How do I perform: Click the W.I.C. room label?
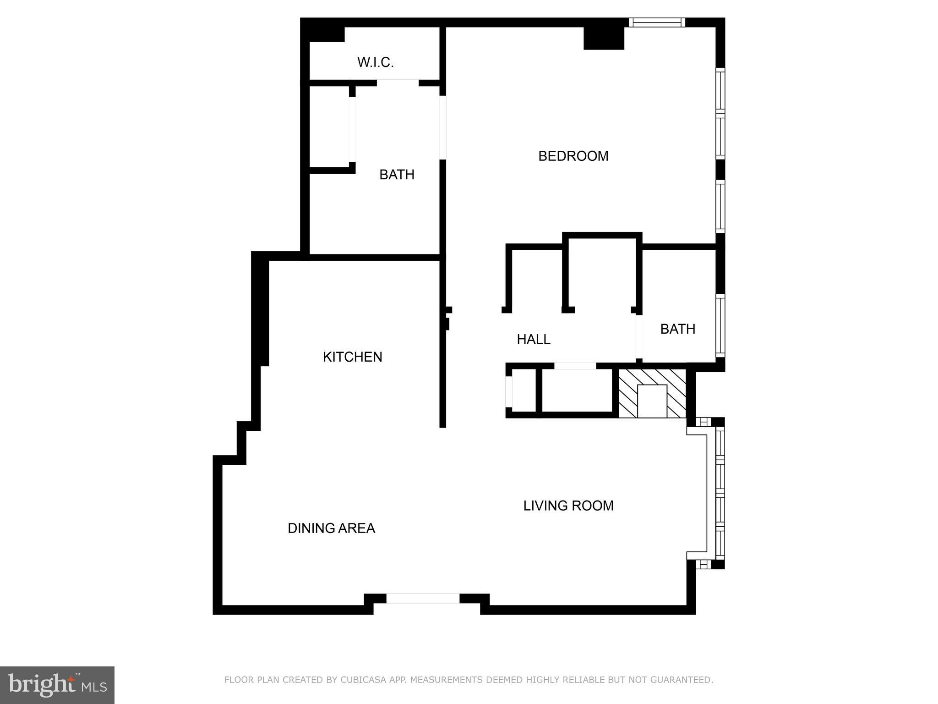click(x=376, y=62)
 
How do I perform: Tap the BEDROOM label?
click(x=573, y=156)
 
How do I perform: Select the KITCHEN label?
click(x=352, y=357)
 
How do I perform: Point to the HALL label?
click(x=534, y=340)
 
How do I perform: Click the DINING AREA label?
click(x=331, y=528)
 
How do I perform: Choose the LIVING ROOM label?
click(x=568, y=506)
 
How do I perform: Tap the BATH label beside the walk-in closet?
click(x=397, y=175)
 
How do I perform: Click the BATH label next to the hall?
click(x=677, y=329)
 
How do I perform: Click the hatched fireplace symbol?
click(x=652, y=393)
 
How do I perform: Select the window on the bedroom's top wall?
click(x=656, y=22)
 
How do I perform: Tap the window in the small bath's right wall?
click(x=720, y=326)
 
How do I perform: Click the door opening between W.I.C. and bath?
click(x=398, y=83)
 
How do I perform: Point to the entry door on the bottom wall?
click(x=423, y=598)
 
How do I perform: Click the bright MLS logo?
click(x=57, y=685)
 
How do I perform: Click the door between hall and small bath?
click(x=639, y=337)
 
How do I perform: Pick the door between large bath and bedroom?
click(x=442, y=127)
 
